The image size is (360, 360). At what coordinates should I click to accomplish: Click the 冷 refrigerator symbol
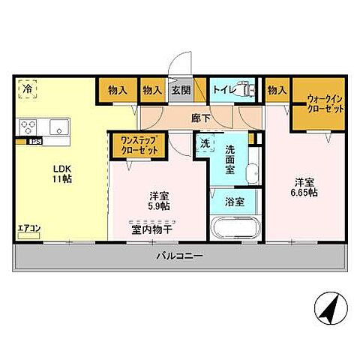[27, 89]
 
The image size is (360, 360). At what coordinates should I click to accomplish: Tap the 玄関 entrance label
[181, 90]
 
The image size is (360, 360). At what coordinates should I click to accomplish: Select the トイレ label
[223, 90]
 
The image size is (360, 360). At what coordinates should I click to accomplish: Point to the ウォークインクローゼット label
[325, 103]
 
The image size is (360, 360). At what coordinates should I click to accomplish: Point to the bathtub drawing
[235, 228]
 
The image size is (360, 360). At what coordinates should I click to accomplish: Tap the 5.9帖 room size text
[157, 206]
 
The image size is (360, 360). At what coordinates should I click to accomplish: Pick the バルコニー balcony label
[179, 256]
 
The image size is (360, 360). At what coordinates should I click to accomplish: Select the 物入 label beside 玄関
[152, 90]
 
